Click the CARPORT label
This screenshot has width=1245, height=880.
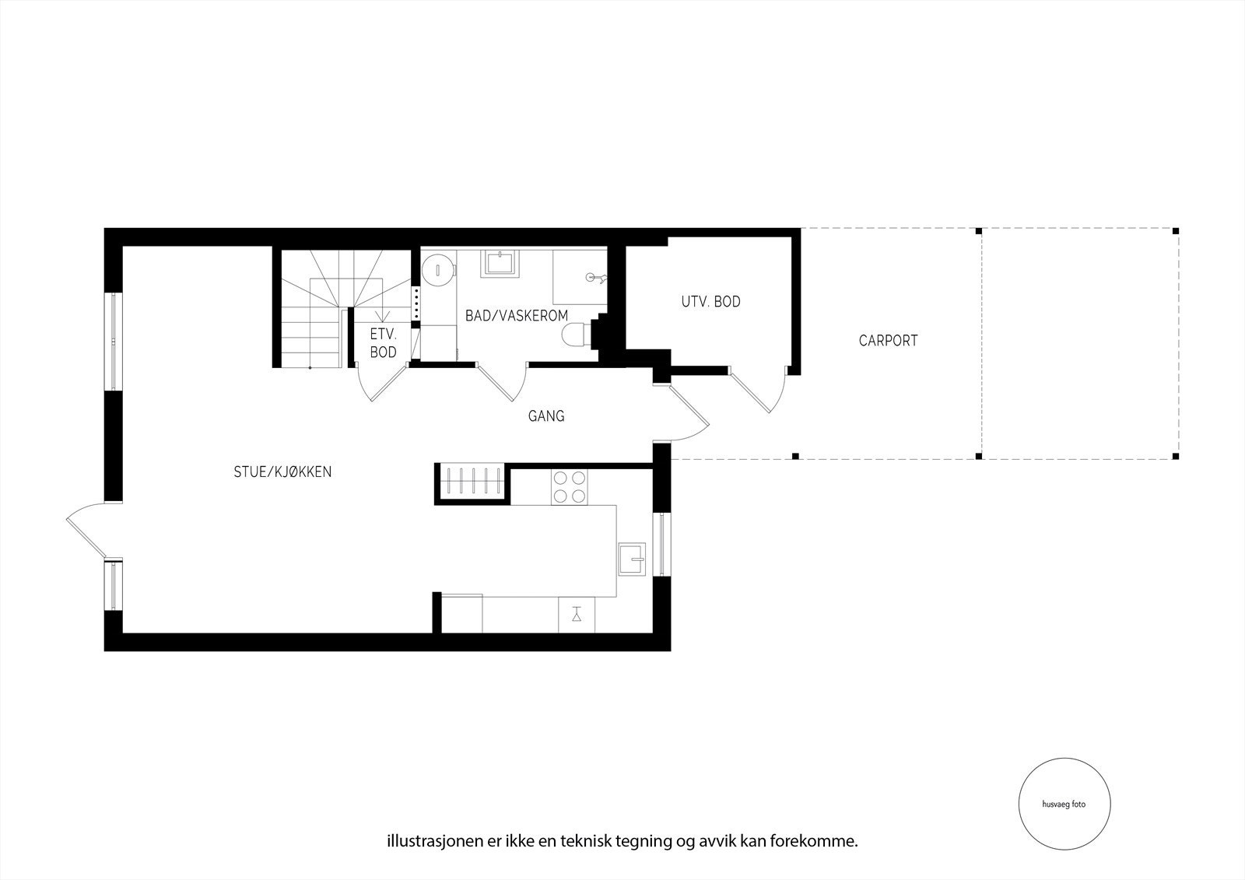click(888, 340)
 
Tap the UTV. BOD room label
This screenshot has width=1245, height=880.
click(710, 301)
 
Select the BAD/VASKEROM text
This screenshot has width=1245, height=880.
click(517, 315)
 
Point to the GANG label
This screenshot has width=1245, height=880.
click(546, 416)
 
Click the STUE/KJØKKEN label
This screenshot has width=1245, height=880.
click(282, 472)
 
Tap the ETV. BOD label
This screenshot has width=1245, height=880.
click(384, 343)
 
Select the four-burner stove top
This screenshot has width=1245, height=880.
click(568, 487)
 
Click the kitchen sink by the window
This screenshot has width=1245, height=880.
click(632, 559)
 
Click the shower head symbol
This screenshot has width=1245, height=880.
click(595, 277)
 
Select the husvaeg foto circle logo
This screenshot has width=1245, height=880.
click(1064, 805)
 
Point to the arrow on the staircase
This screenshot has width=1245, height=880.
click(381, 314)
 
